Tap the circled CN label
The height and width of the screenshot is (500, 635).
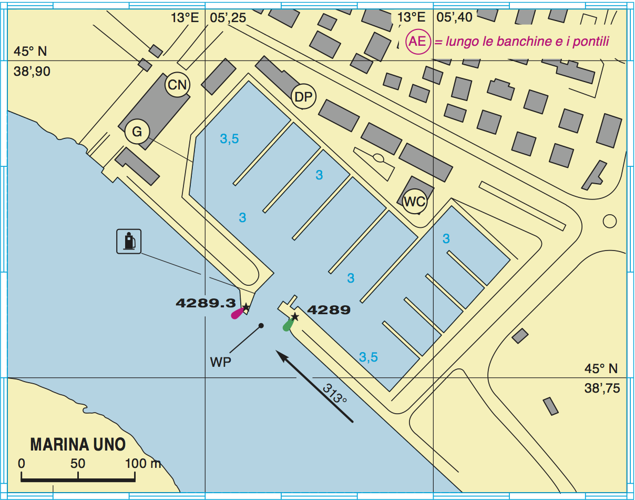coord(178,85)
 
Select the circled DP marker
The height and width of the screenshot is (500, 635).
coord(303,97)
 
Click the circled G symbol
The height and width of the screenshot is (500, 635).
coord(137,132)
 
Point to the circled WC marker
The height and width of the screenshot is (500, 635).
coord(415,201)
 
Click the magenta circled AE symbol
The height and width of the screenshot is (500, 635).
coord(418,42)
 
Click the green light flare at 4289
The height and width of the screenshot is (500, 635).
coord(288,325)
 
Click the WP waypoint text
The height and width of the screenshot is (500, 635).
coord(220,363)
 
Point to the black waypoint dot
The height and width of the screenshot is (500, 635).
coord(261,326)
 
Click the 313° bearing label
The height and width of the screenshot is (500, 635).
coord(335,394)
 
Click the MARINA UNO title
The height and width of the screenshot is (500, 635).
coord(78,445)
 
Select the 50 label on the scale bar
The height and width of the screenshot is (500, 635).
coord(78,464)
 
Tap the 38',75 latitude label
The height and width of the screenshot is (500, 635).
coord(602,388)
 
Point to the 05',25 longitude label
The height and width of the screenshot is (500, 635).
coord(228,18)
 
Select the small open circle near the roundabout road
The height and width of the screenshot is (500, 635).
coord(609,221)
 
